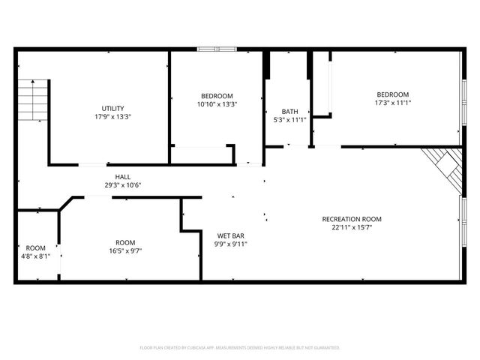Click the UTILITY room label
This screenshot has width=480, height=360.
[x=112, y=108]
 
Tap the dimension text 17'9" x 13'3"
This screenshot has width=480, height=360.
[x=112, y=117]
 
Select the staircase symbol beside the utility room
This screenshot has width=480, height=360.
[x=34, y=97]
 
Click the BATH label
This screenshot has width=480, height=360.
[x=289, y=112]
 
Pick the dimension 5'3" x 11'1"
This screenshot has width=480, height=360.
[x=289, y=120]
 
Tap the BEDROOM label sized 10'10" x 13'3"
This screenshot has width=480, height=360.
[x=217, y=96]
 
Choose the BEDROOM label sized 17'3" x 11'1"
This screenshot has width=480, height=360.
[x=393, y=94]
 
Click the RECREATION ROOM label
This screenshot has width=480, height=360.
[x=352, y=219]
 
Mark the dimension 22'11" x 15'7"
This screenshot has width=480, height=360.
[x=352, y=227]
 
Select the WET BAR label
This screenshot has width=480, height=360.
[x=232, y=235]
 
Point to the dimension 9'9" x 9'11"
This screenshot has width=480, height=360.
[x=232, y=244]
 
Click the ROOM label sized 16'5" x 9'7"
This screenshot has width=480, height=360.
[x=125, y=242]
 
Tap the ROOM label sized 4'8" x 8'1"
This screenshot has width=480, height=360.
[x=35, y=247]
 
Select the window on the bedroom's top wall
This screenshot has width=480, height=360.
[x=217, y=50]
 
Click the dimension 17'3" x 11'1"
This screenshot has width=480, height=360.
[x=393, y=103]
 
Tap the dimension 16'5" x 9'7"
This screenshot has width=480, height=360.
[x=125, y=250]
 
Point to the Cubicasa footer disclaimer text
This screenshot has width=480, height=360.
[x=240, y=348]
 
